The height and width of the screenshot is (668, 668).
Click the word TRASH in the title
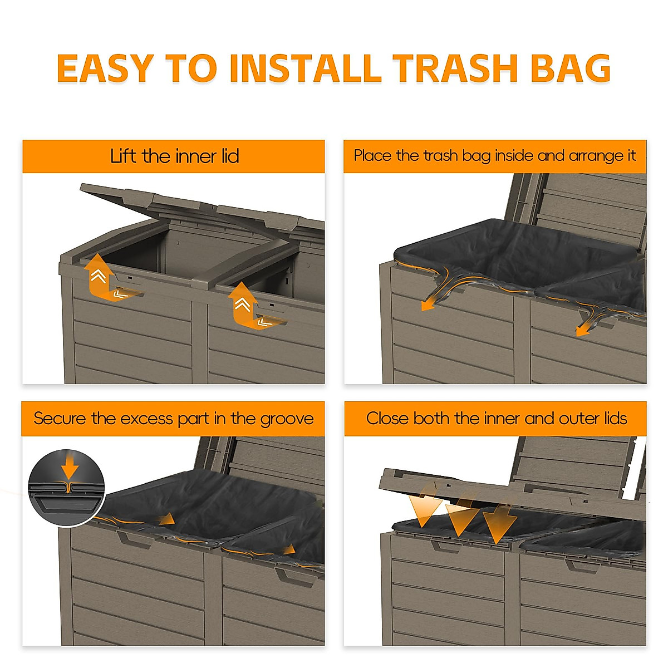tap(455, 68)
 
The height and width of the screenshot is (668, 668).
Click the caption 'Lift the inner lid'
tap(174, 156)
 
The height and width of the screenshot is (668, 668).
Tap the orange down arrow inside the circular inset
tap(70, 465)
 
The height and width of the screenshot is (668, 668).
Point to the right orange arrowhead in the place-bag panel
tap(582, 331)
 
